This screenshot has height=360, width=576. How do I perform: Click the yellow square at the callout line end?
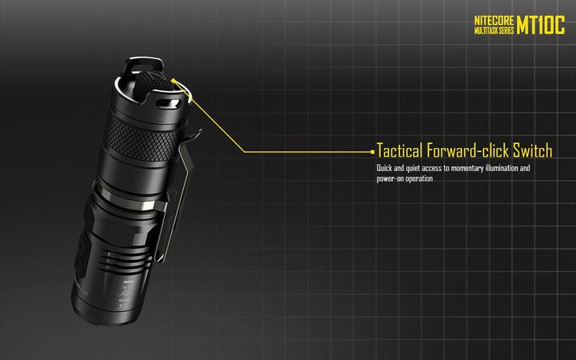373,150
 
